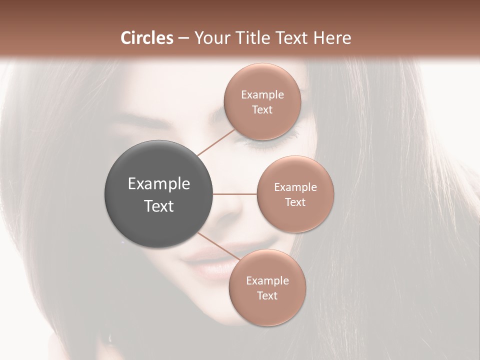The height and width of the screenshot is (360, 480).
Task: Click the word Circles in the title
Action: click(x=147, y=38)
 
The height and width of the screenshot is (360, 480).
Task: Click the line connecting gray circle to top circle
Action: click(x=216, y=142)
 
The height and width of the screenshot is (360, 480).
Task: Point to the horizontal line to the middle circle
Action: click(x=235, y=194)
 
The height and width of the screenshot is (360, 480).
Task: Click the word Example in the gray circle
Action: click(x=158, y=184)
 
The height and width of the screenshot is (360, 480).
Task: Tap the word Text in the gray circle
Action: click(x=158, y=206)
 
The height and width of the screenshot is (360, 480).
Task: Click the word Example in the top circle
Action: click(x=262, y=95)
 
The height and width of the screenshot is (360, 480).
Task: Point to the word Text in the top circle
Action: click(x=262, y=110)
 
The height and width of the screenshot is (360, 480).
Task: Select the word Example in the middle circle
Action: click(x=295, y=187)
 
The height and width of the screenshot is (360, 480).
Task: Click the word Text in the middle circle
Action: click(x=295, y=202)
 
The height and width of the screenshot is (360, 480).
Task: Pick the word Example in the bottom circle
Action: click(x=267, y=281)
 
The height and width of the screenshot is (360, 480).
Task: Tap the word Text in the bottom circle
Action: click(x=267, y=296)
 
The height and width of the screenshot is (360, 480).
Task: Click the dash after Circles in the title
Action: click(x=183, y=38)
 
